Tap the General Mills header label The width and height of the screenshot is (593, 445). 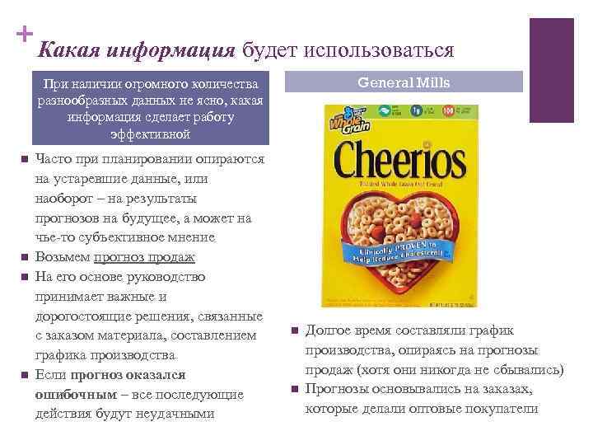point(404,81)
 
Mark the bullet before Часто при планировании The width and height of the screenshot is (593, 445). point(25,159)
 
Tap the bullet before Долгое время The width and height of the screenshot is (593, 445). point(294,331)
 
